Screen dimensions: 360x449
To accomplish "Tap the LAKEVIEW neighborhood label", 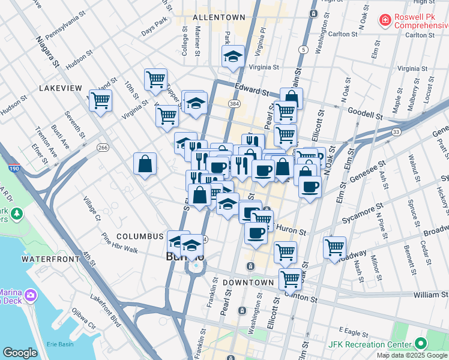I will [60, 88].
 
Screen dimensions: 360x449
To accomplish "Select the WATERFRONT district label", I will [50, 259].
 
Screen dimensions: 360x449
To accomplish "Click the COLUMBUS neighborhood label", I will [140, 236].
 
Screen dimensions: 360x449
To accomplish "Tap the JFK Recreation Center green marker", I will [420, 344].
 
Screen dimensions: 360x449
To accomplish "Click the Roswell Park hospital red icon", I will [384, 21].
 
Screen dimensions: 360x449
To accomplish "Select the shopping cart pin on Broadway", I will [334, 246].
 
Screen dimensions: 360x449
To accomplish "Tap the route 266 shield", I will [103, 147].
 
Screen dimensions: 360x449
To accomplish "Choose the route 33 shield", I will [396, 131].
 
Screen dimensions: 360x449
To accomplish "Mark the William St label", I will [430, 295].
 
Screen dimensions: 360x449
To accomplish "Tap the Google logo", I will [20, 353].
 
